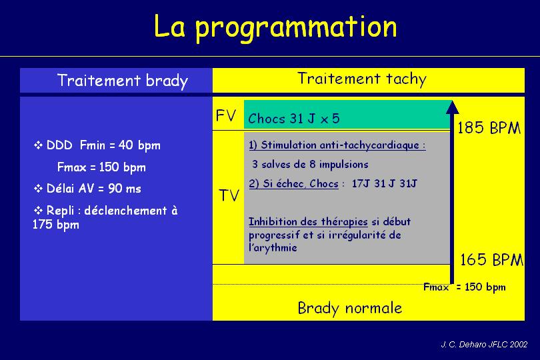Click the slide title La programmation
point(275,28)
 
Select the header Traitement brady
point(123,81)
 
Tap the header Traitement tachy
point(362,79)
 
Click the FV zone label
point(226,115)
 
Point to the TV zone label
point(229,195)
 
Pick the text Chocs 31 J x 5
point(294,119)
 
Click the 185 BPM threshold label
point(489,128)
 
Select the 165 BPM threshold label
point(492,259)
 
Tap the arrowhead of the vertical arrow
point(452,107)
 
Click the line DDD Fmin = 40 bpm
point(97,145)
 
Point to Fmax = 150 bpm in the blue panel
point(101,167)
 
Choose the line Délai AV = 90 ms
point(87,189)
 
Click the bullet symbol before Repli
point(38,210)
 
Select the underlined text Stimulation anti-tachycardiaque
point(339,145)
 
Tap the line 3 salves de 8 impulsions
point(310,164)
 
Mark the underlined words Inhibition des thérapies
point(308,221)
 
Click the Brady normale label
point(350,308)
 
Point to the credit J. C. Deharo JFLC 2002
point(484,344)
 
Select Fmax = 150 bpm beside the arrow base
point(465,287)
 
